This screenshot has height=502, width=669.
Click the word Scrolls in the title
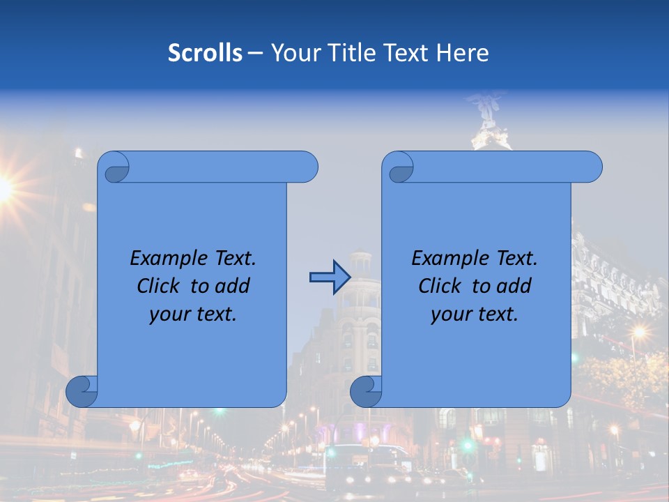(205, 53)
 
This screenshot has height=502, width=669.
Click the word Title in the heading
(348, 53)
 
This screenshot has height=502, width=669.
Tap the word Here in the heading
(462, 53)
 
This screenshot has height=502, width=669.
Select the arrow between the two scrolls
(329, 277)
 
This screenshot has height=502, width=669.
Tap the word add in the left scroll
(232, 286)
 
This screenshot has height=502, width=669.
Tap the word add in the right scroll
(514, 286)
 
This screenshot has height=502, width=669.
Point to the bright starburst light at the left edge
(3, 187)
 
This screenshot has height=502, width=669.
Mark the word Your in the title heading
(292, 53)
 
